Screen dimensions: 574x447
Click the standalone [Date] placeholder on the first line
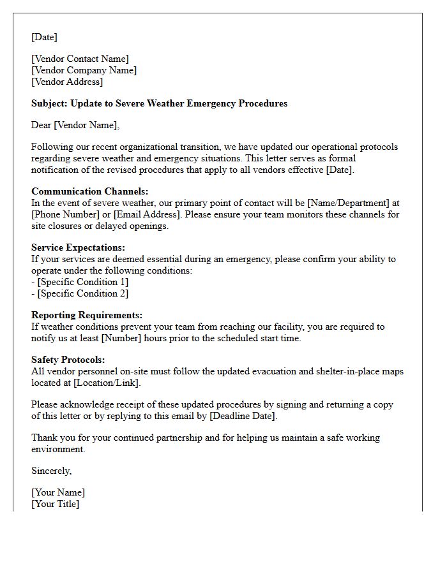pos(44,37)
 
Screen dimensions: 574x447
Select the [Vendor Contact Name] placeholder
pos(80,59)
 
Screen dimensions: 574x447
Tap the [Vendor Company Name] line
pos(84,70)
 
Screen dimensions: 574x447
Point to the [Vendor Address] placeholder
pos(67,82)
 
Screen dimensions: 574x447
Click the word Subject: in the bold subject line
pos(49,103)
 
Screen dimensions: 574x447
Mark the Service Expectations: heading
pos(78,247)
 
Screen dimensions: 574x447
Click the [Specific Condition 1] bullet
pos(82,282)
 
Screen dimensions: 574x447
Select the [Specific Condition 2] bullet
pos(82,293)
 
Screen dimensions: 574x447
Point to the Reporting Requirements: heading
pos(87,315)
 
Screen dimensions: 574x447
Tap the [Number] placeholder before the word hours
pos(121,338)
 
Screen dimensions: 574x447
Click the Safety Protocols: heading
pos(68,360)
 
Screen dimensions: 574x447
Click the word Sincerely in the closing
pos(51,471)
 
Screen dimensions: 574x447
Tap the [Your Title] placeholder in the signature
pos(56,504)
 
